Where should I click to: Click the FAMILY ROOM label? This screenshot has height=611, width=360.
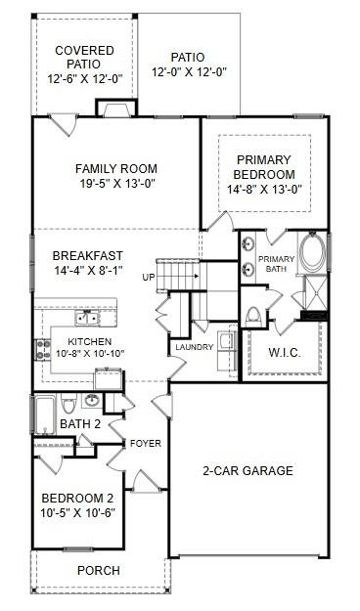tap(116, 168)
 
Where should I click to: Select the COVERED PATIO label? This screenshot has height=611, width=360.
tap(83, 57)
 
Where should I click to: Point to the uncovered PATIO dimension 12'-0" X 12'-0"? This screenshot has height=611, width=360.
tap(196, 72)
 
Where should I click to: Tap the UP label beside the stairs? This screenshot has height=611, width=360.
tap(149, 277)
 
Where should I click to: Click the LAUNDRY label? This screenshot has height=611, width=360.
tap(194, 347)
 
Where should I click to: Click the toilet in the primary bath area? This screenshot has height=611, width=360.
tap(253, 315)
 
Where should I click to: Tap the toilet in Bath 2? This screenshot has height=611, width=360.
tap(68, 404)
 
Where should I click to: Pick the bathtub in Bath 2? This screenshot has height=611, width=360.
tap(44, 414)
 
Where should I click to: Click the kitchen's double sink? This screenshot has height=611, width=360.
tap(86, 318)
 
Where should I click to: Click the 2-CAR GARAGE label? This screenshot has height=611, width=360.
tap(247, 471)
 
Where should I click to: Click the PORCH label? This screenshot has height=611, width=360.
tap(99, 570)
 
